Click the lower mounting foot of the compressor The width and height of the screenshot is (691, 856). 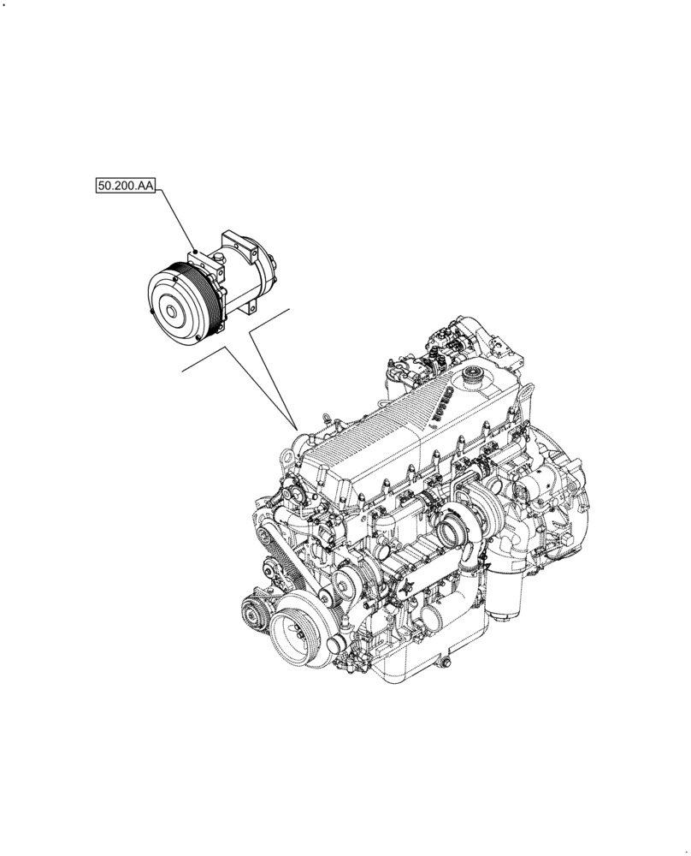[253, 308]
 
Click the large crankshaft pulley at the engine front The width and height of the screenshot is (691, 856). [297, 633]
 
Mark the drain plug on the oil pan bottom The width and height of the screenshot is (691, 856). [441, 663]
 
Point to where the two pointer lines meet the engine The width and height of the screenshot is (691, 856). [295, 427]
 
